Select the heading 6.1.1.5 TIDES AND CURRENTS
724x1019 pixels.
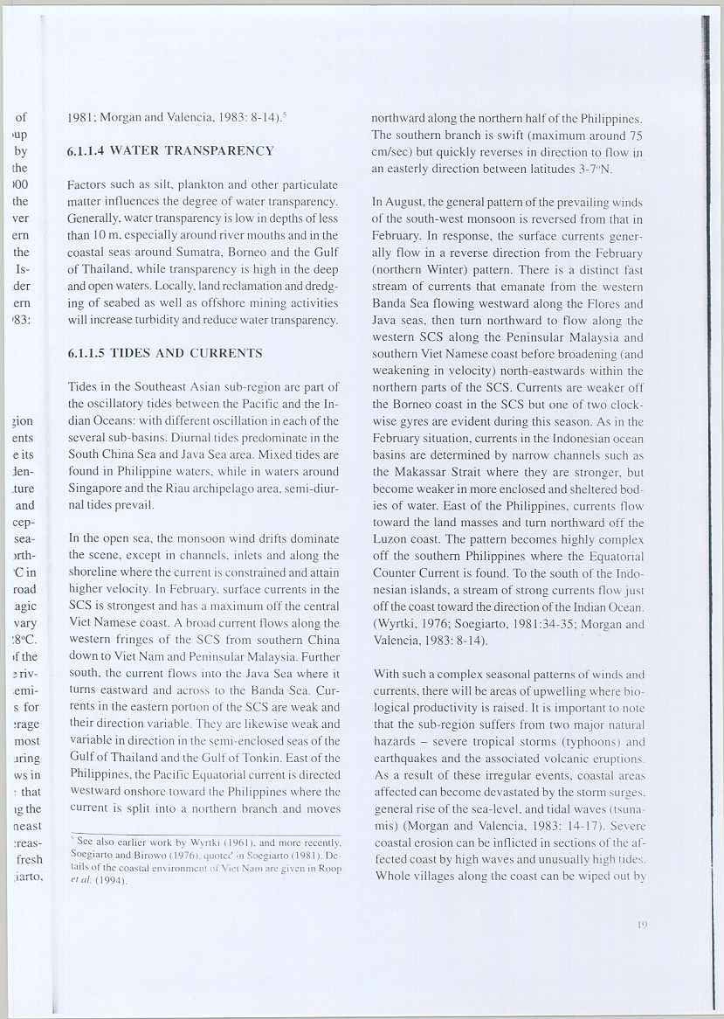click(x=164, y=354)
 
